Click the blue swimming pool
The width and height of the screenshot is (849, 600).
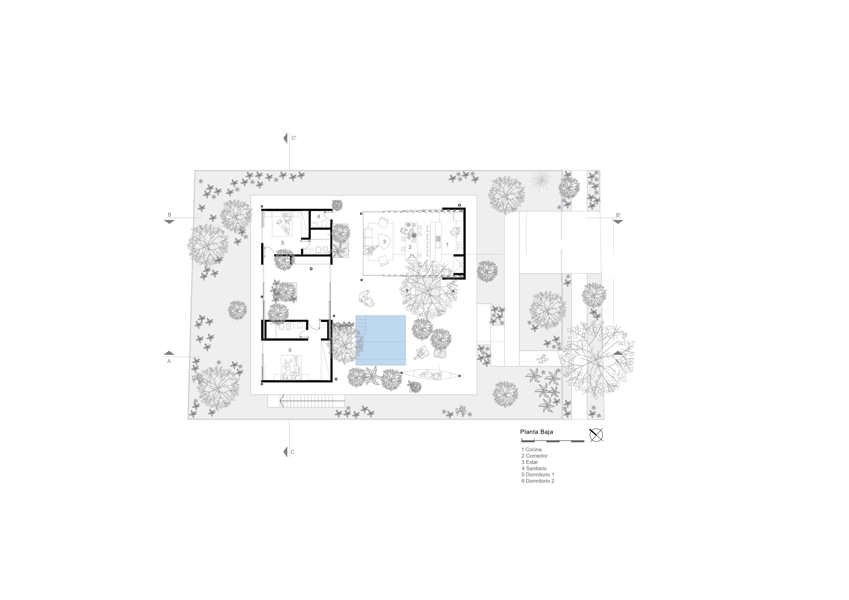click(x=380, y=340)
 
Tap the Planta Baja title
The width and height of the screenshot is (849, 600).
click(x=536, y=432)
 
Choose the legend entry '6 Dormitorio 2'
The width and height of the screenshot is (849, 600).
click(x=538, y=481)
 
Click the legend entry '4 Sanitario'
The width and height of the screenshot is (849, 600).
click(x=534, y=468)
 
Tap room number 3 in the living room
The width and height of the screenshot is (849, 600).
click(x=384, y=242)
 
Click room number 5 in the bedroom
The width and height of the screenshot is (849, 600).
click(x=283, y=243)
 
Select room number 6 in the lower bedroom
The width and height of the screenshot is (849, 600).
click(x=290, y=350)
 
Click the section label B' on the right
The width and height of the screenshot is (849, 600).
click(x=618, y=215)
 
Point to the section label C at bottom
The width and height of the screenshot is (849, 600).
click(x=293, y=452)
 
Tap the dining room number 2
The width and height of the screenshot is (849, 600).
click(x=410, y=247)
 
